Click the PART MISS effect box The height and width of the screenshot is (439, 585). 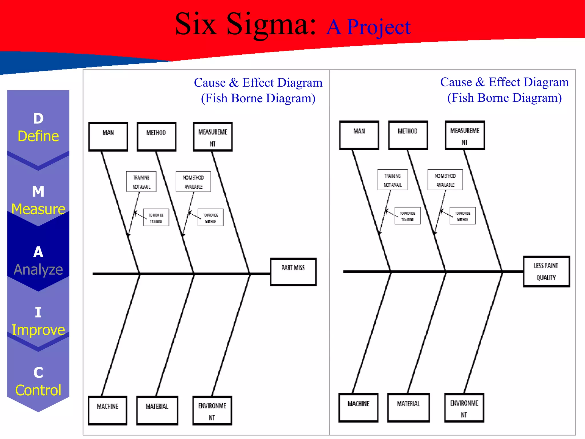point(293,272)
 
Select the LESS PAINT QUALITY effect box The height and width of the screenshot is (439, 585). point(546,272)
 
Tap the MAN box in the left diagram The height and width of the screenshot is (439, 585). point(108,137)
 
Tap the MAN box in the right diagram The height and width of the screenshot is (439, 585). point(359,135)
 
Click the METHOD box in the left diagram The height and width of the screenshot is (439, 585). point(157,137)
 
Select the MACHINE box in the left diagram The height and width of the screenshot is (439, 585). point(108,410)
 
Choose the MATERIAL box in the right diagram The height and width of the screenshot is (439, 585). point(408,408)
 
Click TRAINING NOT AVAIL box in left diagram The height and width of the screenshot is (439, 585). point(141,182)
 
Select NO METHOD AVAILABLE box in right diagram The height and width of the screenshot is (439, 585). point(445,180)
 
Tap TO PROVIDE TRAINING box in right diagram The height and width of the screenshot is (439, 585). point(408,216)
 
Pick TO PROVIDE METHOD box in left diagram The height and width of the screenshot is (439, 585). point(211,218)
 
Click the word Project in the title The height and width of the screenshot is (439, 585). point(379,27)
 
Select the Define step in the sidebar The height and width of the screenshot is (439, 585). point(38,136)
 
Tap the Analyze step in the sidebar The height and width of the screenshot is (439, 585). point(38,269)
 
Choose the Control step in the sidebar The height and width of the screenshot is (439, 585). point(38,390)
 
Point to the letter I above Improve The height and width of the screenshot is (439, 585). point(38,312)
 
